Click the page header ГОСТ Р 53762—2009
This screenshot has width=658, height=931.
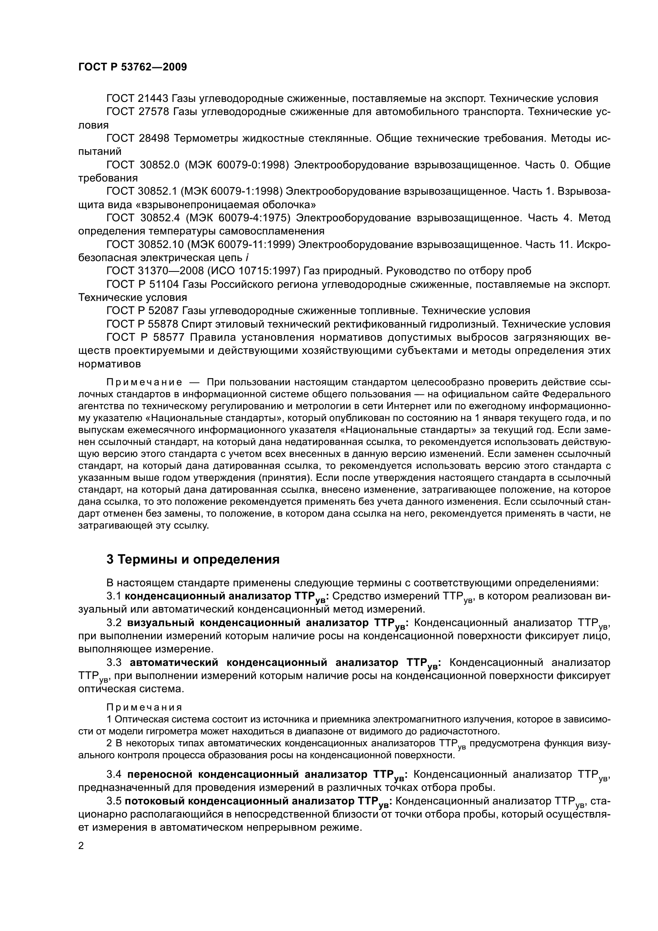(x=132, y=67)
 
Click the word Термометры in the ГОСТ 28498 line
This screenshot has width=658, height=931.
(x=204, y=138)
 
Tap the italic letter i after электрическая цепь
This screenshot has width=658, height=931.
(x=247, y=258)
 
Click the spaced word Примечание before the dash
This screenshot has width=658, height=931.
(x=144, y=383)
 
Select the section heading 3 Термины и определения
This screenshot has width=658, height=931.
(x=193, y=559)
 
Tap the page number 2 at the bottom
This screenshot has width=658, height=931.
(x=81, y=845)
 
